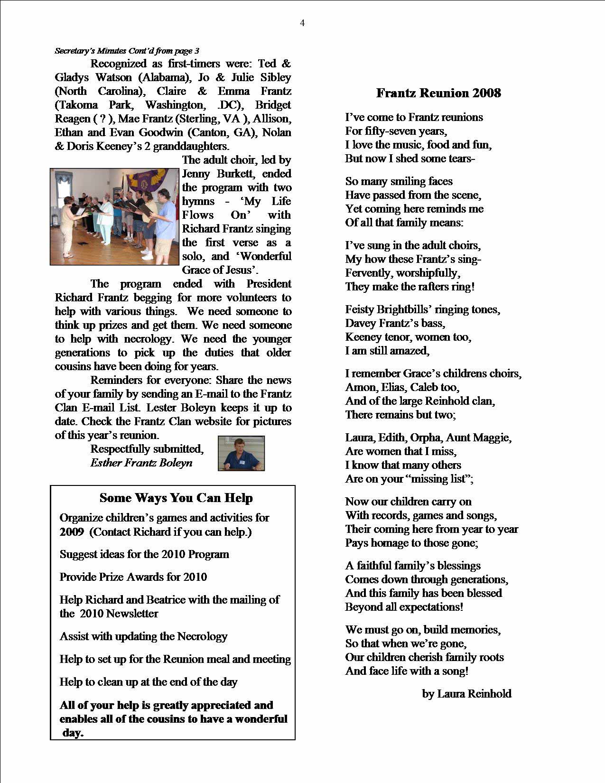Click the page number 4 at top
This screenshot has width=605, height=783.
click(x=302, y=23)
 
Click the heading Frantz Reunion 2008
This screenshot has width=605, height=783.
click(x=438, y=93)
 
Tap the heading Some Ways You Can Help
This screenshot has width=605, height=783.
click(x=176, y=498)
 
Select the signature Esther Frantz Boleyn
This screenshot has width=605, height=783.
click(x=141, y=463)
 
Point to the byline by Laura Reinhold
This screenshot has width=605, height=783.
click(x=466, y=694)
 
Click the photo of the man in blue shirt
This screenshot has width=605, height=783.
click(x=241, y=453)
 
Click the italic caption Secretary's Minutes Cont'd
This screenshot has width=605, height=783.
click(x=127, y=51)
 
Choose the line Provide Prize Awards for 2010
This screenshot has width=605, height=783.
click(x=133, y=577)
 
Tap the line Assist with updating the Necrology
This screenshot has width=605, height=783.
click(x=143, y=636)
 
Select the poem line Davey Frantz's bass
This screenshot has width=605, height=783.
click(x=395, y=323)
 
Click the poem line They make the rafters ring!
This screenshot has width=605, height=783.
click(x=410, y=287)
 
